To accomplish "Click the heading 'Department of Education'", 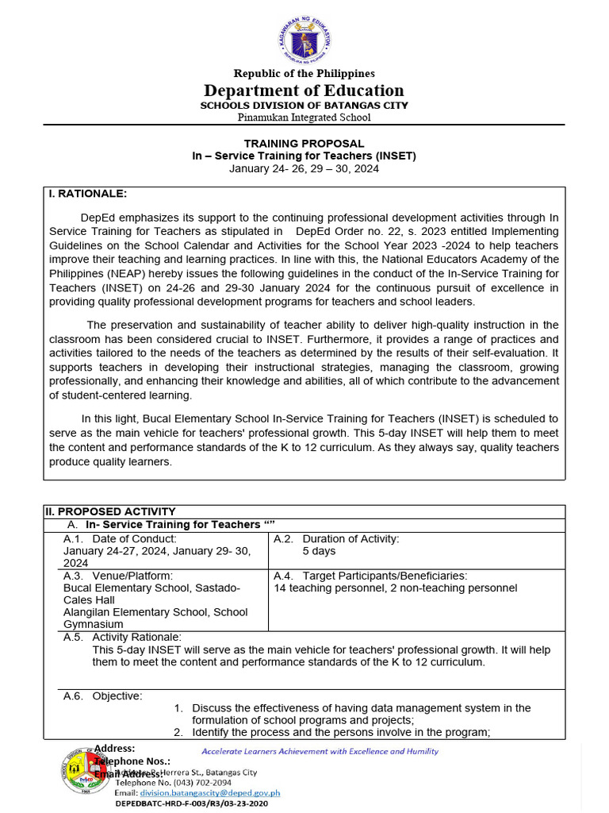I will pos(304,90).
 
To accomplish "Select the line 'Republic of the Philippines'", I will pos(304,74).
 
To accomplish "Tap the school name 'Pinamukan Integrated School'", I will pos(304,118).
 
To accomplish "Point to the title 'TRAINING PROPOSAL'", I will pos(304,144).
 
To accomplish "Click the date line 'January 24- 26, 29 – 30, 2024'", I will pos(304,168).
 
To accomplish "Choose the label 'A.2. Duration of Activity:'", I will pos(336,539).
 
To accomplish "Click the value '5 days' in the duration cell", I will pos(319,551).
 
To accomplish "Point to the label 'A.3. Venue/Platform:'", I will pos(118,576).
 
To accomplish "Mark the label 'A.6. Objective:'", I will pos(103,696).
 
